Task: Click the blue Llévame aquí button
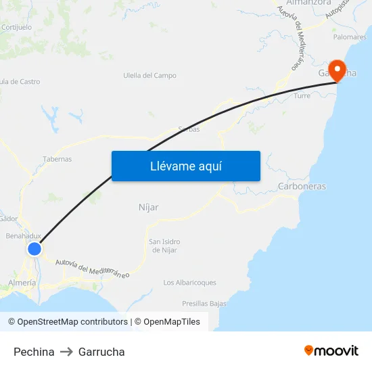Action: [x=186, y=166]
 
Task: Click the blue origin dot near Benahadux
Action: [x=34, y=249]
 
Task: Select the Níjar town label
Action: [x=148, y=207]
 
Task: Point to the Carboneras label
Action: [x=302, y=186]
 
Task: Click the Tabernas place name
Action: [x=57, y=159]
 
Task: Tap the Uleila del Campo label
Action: [x=149, y=76]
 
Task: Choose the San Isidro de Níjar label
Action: [x=164, y=246]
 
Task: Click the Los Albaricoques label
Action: [x=190, y=283]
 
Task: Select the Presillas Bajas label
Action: [x=204, y=304]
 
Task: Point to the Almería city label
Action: [x=22, y=283]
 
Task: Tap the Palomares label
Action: [x=350, y=37]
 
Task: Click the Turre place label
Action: [x=302, y=96]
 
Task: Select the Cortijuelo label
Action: [x=17, y=28]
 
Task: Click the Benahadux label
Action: [x=24, y=236]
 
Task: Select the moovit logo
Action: [x=331, y=350]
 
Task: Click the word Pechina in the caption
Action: [x=34, y=352]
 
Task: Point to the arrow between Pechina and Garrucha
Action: [x=66, y=352]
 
